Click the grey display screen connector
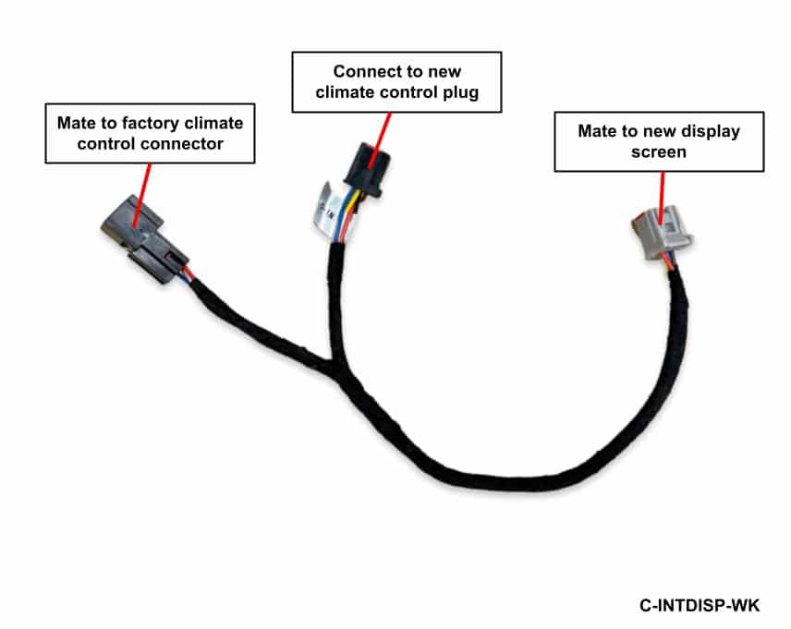click(662, 233)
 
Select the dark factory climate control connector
click(145, 239)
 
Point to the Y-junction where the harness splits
click(333, 365)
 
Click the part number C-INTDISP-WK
click(700, 605)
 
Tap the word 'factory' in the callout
click(151, 123)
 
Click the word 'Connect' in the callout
click(364, 71)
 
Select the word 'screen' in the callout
click(659, 151)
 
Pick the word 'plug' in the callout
click(460, 92)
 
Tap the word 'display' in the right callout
click(711, 131)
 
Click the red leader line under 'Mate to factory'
click(142, 196)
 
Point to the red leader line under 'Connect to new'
click(381, 140)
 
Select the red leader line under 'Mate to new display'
click(663, 198)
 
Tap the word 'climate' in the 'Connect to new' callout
click(345, 92)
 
